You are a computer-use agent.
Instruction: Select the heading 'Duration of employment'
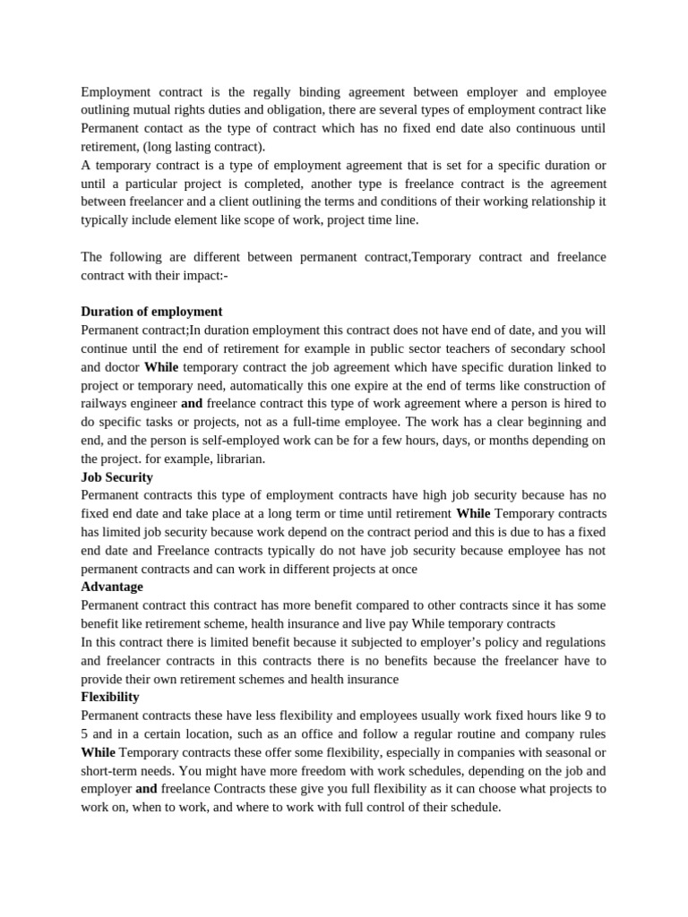pyautogui.click(x=151, y=312)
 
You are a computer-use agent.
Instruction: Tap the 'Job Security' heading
pyautogui.click(x=116, y=477)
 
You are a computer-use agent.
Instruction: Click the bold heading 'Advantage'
pyautogui.click(x=112, y=587)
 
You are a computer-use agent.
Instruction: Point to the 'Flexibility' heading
pyautogui.click(x=110, y=697)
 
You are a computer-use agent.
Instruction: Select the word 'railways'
pyautogui.click(x=105, y=404)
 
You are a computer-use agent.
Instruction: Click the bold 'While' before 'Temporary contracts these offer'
pyautogui.click(x=99, y=751)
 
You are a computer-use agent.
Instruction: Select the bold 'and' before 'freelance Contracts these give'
pyautogui.click(x=146, y=788)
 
